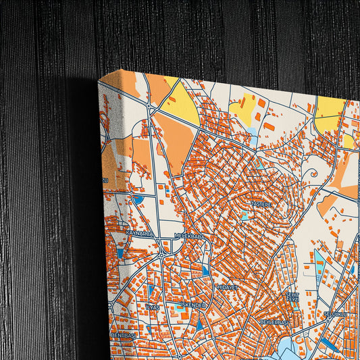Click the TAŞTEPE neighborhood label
261,203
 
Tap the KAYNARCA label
139,232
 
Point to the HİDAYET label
227,287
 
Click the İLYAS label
153,307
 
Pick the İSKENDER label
192,305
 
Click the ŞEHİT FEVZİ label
292,298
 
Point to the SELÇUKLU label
335,315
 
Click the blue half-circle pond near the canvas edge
138,200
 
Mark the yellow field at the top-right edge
330,111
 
